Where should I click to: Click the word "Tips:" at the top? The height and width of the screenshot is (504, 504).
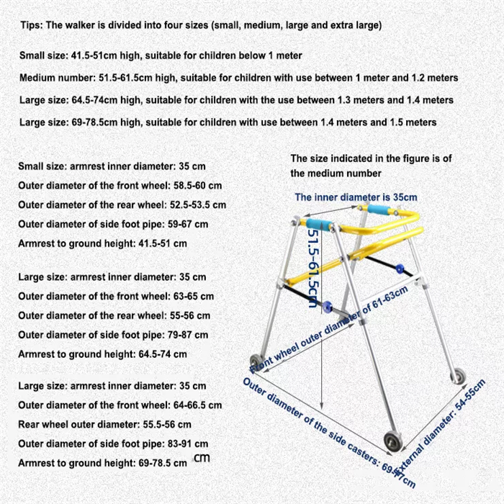point(32,24)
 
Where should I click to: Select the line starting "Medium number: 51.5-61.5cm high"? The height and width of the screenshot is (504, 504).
point(238,78)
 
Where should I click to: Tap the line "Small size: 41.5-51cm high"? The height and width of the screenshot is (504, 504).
point(161,55)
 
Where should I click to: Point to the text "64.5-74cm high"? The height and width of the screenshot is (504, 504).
point(99,100)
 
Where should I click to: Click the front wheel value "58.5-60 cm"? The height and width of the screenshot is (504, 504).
point(190,186)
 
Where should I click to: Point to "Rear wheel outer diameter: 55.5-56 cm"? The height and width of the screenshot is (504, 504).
point(104,424)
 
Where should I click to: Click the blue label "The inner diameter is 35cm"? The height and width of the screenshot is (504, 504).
point(356,197)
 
